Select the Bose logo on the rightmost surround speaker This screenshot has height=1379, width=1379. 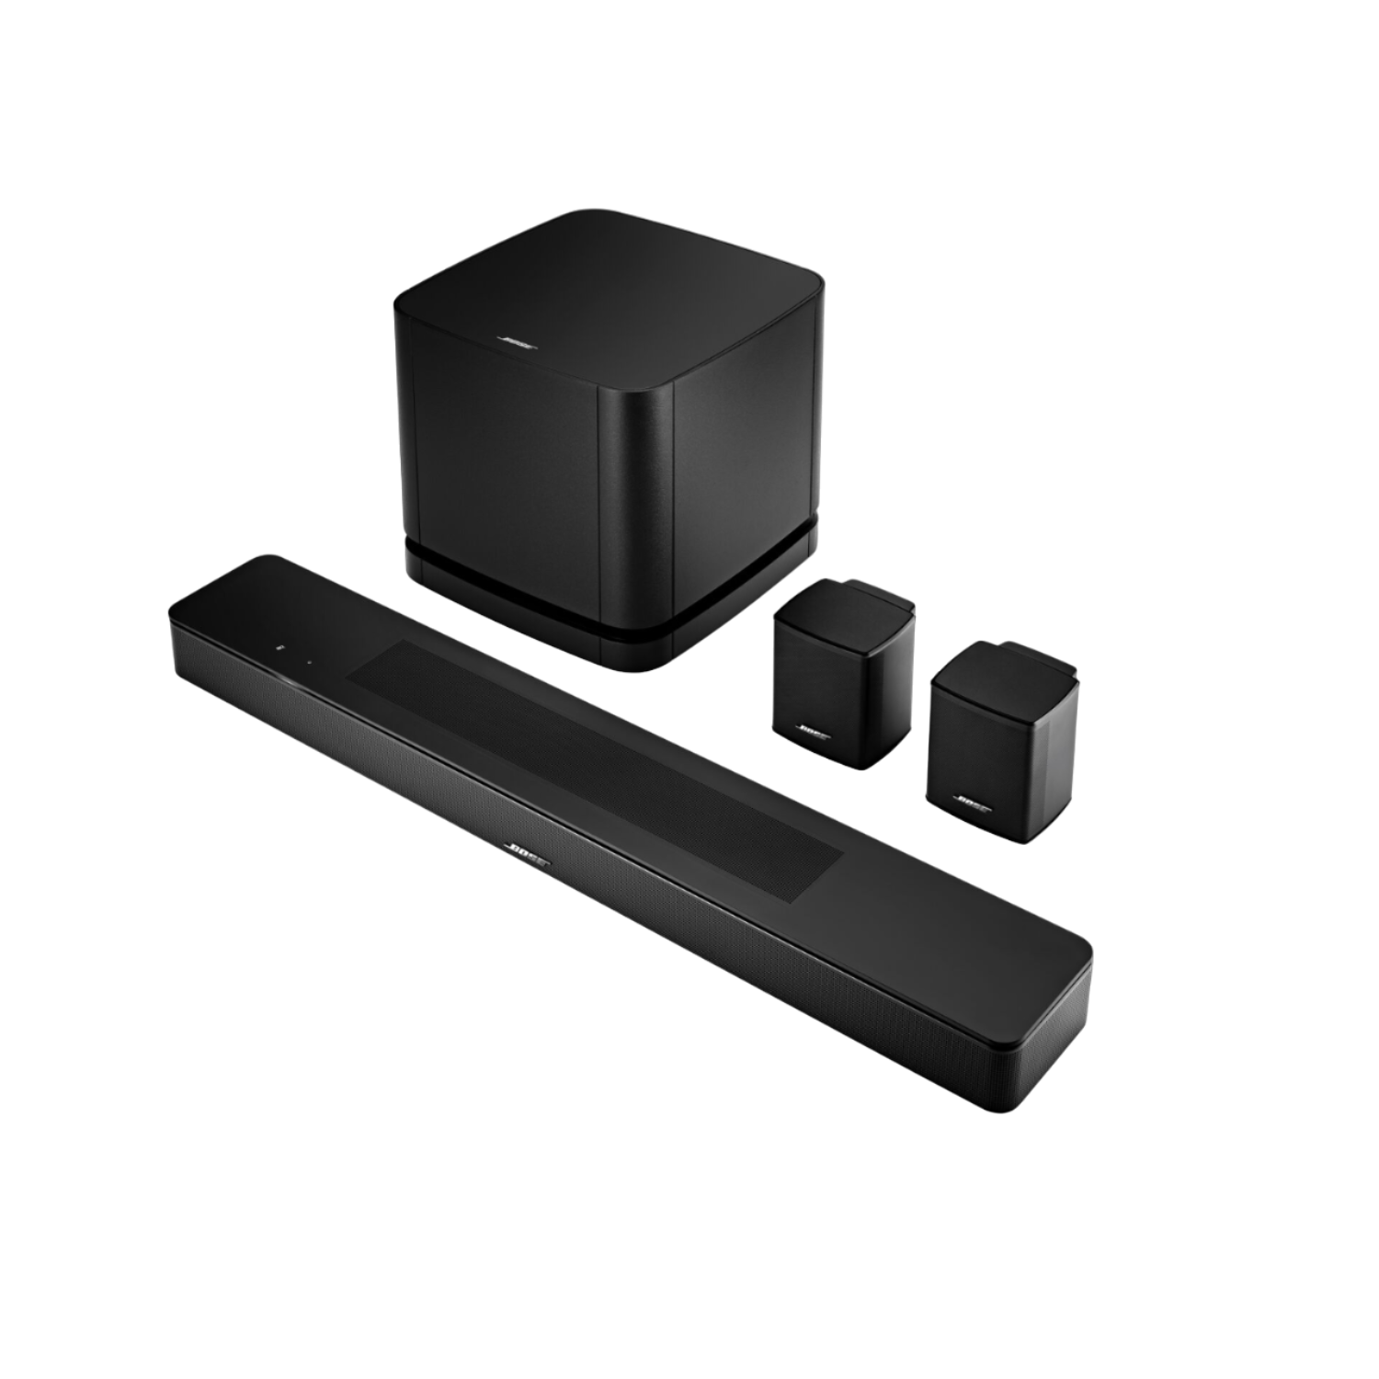pos(972,803)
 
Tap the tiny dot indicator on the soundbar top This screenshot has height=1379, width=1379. pos(310,659)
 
